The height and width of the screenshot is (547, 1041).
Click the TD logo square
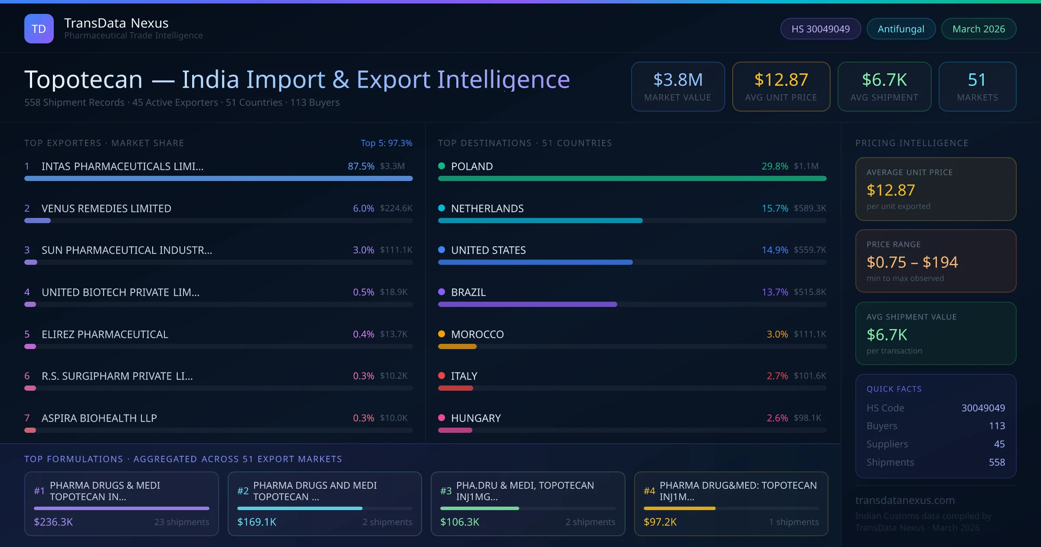39,29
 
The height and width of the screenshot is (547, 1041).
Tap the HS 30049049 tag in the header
820,29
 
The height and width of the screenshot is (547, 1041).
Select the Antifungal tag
901,29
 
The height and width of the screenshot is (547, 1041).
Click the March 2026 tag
979,29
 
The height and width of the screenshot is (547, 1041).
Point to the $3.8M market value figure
678,80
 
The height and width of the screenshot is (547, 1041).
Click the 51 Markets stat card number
977,80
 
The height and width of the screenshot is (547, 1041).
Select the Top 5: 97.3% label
386,143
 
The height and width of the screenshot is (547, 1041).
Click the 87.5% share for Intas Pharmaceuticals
361,166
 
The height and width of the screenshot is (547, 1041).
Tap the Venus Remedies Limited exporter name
106,208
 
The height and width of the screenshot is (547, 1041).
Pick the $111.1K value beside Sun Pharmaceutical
396,250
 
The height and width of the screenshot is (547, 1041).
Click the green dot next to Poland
442,166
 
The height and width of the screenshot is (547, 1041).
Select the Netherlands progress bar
540,221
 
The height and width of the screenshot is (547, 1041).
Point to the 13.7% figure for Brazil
775,292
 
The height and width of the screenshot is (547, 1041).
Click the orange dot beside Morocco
442,334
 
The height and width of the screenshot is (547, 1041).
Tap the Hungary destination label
476,418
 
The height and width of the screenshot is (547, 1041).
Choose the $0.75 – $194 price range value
912,262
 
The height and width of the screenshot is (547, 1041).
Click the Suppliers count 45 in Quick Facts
999,444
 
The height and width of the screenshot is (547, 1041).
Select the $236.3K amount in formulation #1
53,522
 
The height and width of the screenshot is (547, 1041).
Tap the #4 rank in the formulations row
649,491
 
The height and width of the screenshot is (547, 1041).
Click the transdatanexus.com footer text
905,500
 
